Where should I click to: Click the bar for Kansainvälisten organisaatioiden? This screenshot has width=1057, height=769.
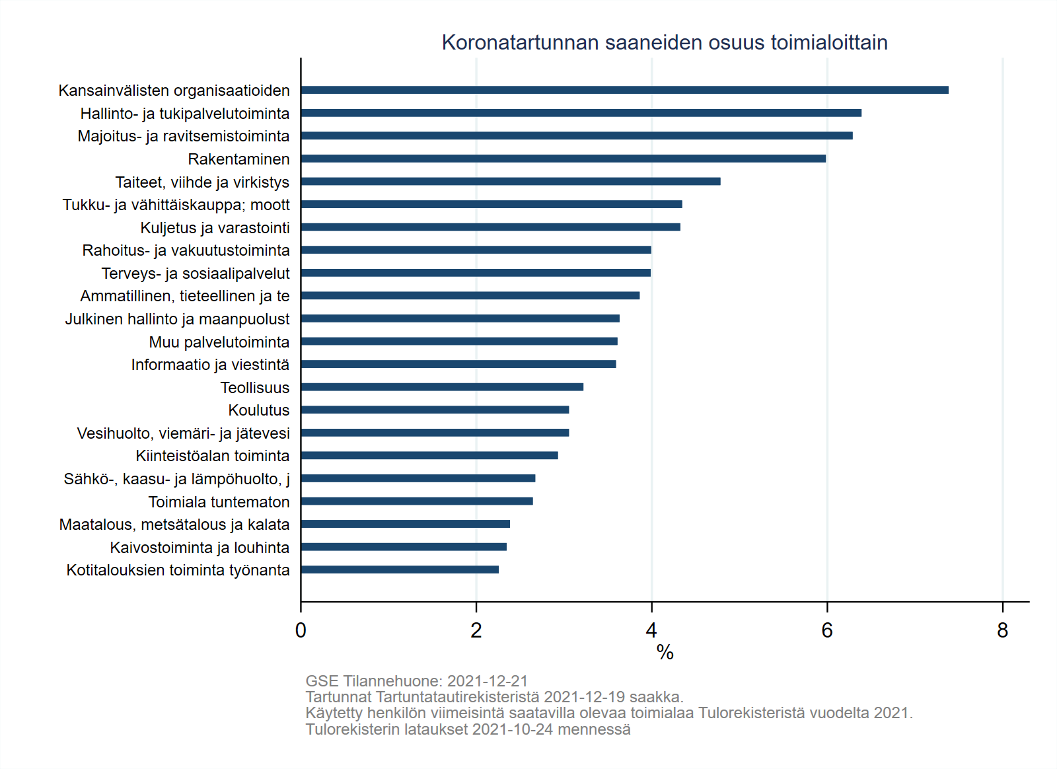point(624,90)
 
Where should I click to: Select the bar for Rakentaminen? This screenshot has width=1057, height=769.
point(563,159)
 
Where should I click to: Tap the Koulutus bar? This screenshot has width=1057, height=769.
point(435,410)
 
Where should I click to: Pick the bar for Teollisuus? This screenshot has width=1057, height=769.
point(442,387)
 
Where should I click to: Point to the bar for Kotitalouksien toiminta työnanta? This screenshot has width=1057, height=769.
point(400,569)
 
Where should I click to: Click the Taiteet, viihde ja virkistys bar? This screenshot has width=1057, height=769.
point(510,181)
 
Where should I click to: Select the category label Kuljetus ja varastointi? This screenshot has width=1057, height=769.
point(215,228)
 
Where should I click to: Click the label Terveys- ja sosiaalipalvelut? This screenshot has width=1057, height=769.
point(196,274)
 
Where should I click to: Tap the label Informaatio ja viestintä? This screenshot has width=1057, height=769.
point(210,365)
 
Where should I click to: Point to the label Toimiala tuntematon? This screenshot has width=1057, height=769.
point(219,502)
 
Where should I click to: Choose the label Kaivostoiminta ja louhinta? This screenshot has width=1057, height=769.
point(200,548)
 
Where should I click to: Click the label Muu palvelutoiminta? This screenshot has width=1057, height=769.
point(219,342)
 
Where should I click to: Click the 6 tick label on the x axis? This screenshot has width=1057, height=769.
point(826,631)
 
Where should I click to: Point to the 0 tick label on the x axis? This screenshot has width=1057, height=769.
point(301,631)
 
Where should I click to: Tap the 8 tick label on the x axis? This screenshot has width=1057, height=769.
point(1002,631)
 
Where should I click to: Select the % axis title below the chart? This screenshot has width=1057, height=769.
point(665,653)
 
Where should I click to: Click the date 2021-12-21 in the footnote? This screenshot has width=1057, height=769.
point(488,681)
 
